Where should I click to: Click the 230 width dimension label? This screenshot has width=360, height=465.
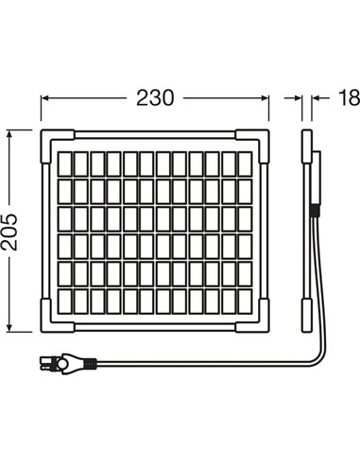tap(155, 97)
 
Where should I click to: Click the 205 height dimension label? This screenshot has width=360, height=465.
tap(9, 232)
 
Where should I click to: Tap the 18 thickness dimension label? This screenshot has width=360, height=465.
tap(349, 97)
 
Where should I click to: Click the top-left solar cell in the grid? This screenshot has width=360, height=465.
tap(64, 164)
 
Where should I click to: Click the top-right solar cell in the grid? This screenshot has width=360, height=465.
tap(246, 164)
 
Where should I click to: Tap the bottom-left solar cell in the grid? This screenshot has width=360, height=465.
tap(64, 301)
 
